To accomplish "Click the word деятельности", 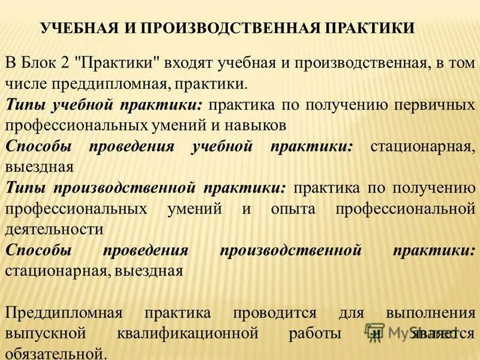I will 54,229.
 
